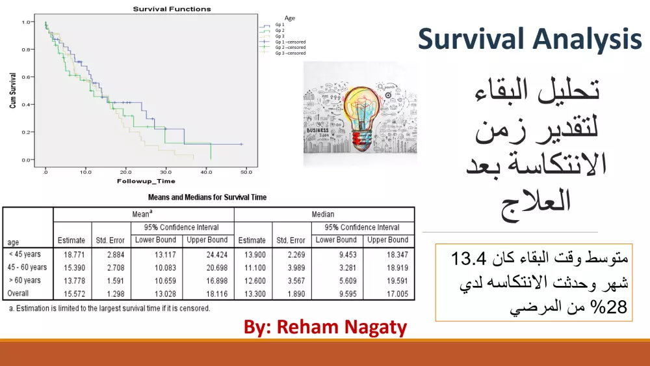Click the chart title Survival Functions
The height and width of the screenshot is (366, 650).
click(x=172, y=9)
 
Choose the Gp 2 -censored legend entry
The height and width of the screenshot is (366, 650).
click(x=290, y=48)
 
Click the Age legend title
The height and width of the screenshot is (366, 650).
click(x=290, y=18)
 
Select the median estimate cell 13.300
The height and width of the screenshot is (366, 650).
click(x=252, y=294)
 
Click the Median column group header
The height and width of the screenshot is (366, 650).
click(x=323, y=214)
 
